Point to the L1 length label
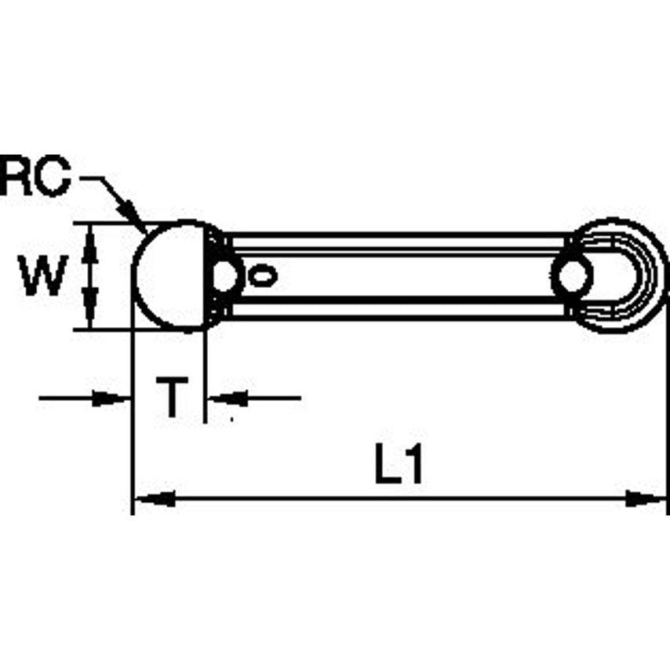coord(399,466)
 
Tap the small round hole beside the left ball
coord(226,275)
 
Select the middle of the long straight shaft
coord(400,275)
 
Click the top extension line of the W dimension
coord(110,222)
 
